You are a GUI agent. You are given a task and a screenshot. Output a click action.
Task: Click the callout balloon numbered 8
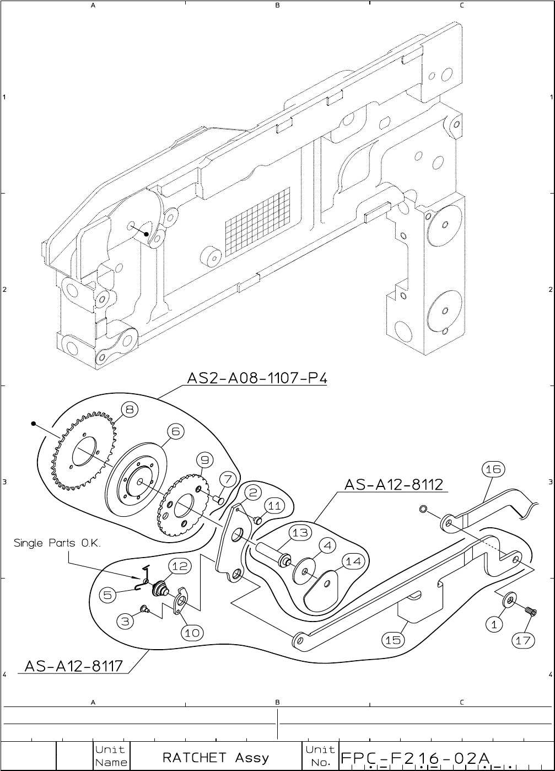[x=130, y=410]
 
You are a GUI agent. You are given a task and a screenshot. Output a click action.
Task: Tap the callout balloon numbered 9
[x=204, y=459]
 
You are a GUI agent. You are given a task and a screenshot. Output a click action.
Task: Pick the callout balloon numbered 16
[x=493, y=469]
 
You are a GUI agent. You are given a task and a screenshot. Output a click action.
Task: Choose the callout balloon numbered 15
[x=393, y=640]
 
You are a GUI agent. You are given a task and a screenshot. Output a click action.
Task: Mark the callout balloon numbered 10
[x=192, y=633]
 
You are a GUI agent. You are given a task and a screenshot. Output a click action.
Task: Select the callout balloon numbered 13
[x=300, y=533]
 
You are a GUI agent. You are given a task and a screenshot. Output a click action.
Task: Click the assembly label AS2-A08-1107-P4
[x=257, y=379]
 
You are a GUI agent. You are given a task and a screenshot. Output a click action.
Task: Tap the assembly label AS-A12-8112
[x=394, y=485]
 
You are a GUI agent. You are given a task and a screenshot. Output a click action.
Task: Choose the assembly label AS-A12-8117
[x=74, y=666]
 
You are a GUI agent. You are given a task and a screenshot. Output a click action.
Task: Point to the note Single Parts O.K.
[x=57, y=543]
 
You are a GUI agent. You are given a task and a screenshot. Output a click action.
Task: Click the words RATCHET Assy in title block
[x=215, y=757]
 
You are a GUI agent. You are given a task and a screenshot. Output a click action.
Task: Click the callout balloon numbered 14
[x=353, y=561]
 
